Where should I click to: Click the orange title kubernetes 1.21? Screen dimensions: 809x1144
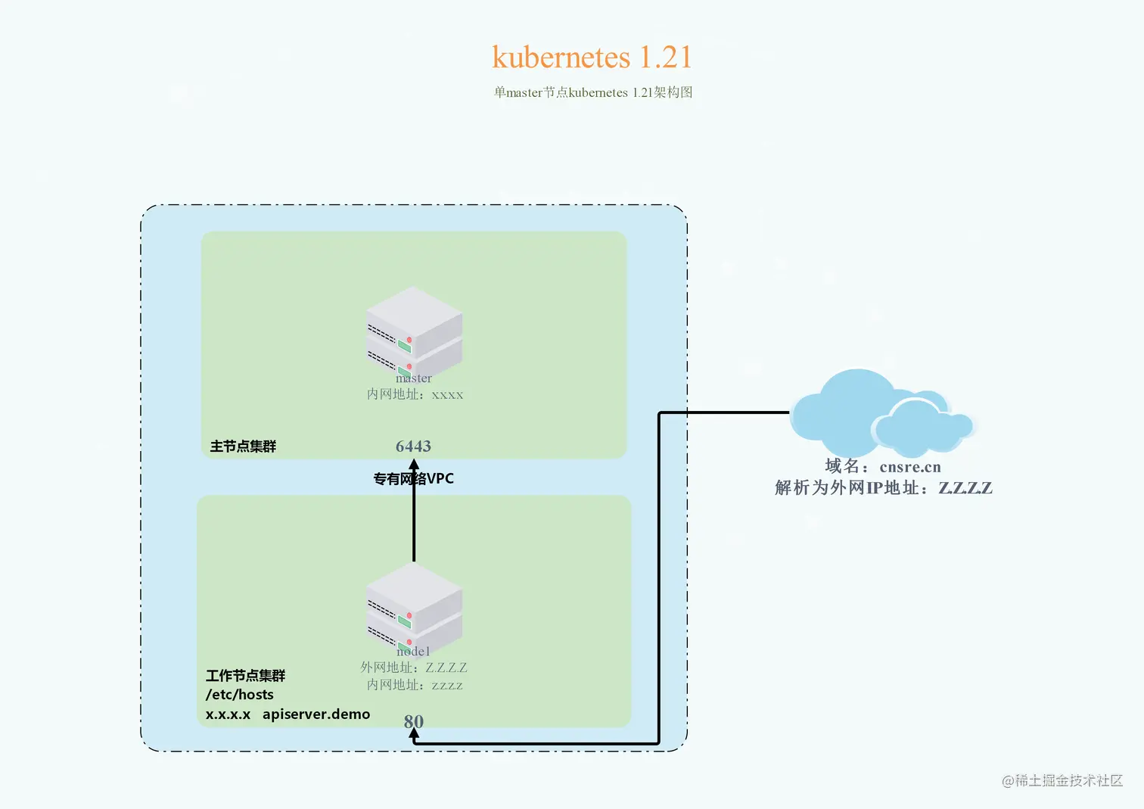pos(592,58)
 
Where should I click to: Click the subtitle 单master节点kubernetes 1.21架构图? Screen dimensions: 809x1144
pos(593,92)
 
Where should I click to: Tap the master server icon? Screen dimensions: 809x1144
pos(414,330)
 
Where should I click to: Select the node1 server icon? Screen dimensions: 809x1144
pos(414,605)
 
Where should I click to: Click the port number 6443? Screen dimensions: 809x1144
pos(413,447)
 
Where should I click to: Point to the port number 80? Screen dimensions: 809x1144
pos(413,721)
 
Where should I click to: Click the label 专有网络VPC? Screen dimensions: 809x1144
pos(413,478)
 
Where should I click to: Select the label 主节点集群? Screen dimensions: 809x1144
pos(243,447)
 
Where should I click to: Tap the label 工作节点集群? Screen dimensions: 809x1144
pos(245,675)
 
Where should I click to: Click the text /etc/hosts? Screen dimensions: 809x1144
pos(239,695)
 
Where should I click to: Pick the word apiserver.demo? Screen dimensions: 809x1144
pos(316,714)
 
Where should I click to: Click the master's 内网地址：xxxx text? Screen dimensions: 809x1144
pos(415,394)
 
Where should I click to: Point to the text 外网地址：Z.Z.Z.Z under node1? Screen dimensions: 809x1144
pos(413,667)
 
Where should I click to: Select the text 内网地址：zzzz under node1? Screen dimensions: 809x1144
pos(415,685)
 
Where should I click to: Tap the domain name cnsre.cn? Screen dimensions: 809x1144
pos(910,467)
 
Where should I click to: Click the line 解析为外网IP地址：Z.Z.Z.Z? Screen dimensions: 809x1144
pos(883,488)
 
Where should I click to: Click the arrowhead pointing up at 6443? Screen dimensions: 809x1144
pos(414,465)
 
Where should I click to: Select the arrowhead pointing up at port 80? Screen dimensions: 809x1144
pos(414,734)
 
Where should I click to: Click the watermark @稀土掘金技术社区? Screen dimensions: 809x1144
pos(1062,780)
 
